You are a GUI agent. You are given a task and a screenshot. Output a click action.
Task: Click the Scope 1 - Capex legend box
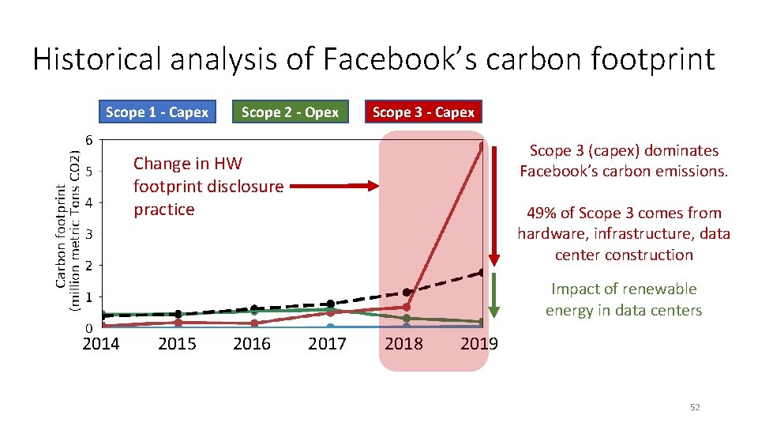(156, 112)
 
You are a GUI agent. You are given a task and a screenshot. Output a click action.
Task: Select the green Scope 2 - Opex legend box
(290, 112)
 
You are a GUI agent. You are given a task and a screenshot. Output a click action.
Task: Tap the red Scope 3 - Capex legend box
(423, 112)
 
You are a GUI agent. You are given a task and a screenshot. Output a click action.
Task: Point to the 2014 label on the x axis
(101, 343)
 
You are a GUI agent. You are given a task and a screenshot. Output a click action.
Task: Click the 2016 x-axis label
(252, 343)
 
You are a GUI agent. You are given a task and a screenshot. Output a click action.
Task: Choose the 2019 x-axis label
(478, 343)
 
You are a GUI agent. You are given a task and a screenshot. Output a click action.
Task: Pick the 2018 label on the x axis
(403, 343)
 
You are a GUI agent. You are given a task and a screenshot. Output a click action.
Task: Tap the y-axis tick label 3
(89, 234)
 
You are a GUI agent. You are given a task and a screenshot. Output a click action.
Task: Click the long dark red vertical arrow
(493, 206)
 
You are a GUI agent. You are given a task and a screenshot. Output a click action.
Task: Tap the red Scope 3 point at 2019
(482, 145)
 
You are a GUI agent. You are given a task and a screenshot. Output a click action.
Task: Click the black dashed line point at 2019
(482, 273)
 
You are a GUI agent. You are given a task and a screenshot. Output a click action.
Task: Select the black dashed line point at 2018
(407, 293)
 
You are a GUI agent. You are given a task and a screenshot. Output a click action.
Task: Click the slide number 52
(695, 407)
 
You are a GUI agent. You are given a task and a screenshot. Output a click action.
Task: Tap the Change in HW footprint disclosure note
(208, 187)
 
